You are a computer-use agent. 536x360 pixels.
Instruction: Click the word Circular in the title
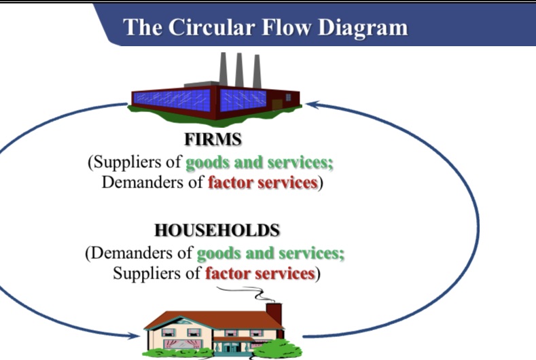coord(223,26)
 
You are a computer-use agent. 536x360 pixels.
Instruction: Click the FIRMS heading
coord(213,140)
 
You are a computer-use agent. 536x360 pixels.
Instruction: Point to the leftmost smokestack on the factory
coord(223,68)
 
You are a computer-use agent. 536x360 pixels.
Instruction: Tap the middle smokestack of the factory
coord(240,68)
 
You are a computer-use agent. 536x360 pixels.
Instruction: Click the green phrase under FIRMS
coord(260,163)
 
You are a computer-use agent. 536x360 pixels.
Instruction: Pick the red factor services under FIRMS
coord(262,183)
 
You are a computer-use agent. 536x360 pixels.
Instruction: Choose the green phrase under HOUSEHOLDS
coord(270,253)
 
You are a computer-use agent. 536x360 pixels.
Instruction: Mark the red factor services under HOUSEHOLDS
coord(260,273)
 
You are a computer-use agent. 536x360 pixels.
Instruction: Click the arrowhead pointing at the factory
coord(311,105)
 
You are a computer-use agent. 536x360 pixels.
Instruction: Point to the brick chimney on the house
coord(274,314)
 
